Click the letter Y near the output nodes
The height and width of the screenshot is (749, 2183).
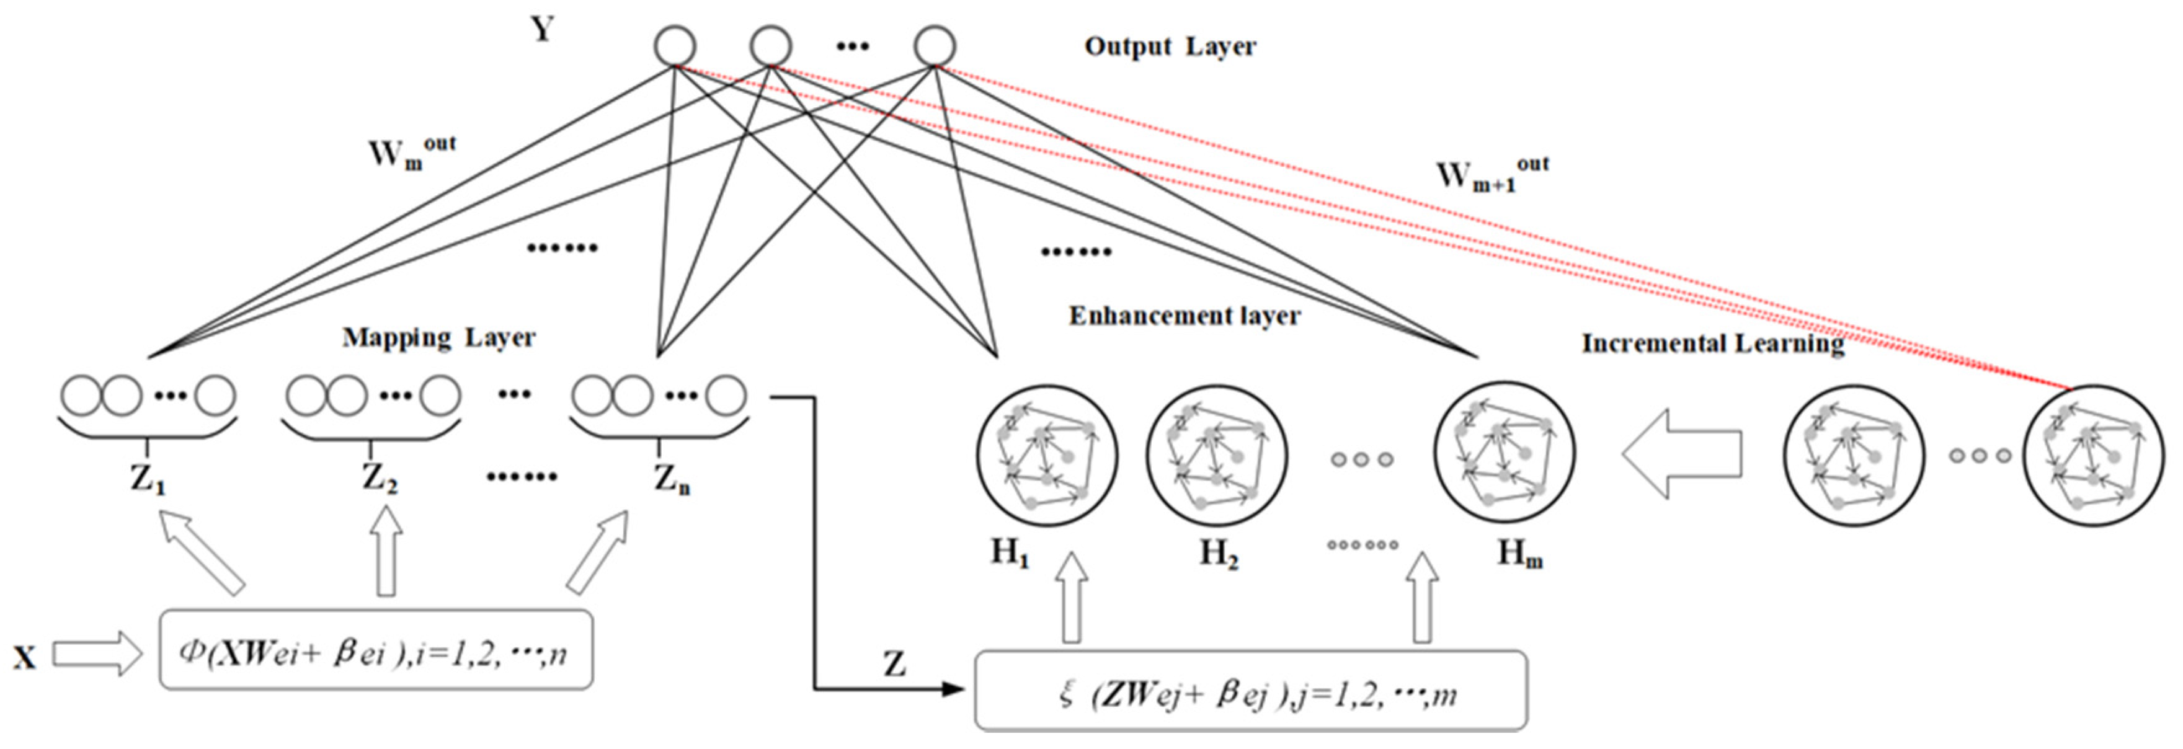coord(543,30)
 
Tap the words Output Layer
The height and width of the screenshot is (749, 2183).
coord(1170,46)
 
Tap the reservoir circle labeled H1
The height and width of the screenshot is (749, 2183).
coord(1047,456)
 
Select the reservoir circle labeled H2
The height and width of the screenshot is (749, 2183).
coord(1217,456)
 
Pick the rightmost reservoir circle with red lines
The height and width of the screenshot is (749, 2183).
coord(2093,456)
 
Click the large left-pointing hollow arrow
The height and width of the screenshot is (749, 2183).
coord(1682,453)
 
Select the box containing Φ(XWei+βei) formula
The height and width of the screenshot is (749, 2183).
coord(375,650)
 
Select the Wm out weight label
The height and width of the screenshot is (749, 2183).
coord(411,153)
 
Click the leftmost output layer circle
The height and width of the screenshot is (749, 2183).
coord(675,46)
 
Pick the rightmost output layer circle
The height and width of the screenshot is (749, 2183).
coord(935,46)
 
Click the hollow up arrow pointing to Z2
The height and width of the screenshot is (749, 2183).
coord(386,551)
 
